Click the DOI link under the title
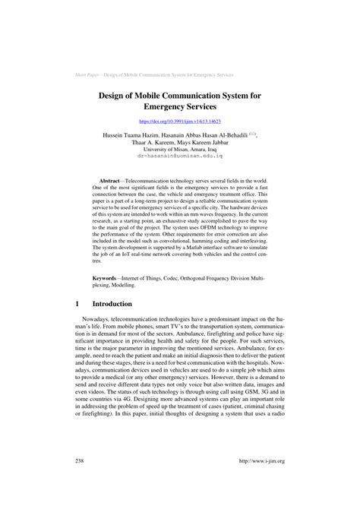coord(180,120)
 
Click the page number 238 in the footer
coord(81,482)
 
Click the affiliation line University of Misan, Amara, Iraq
coord(180,150)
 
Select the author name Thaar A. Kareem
coord(147,142)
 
